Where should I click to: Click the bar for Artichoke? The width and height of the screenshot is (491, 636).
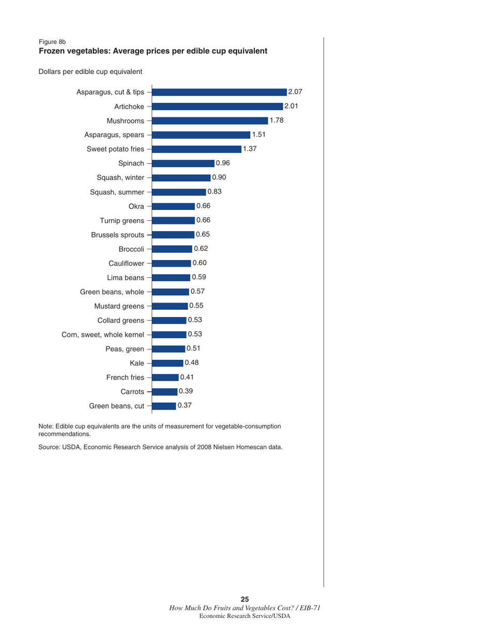tap(217, 107)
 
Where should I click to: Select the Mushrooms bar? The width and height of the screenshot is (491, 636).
tap(210, 121)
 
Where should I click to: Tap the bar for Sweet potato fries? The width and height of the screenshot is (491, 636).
tap(197, 149)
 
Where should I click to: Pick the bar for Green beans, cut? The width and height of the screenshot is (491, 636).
tap(164, 406)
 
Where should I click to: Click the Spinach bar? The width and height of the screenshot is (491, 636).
tap(183, 163)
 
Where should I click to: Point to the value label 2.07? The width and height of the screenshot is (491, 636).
tap(295, 92)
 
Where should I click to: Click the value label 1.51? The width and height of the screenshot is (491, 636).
tap(258, 135)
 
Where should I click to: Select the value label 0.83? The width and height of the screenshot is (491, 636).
tap(214, 192)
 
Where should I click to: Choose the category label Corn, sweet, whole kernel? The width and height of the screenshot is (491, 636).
tap(103, 335)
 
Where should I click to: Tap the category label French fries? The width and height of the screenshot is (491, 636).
tap(125, 377)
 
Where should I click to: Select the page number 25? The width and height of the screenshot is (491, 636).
tap(245, 599)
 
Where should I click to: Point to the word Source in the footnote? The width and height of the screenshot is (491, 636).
tap(50, 447)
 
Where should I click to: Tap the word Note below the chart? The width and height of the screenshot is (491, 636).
tap(46, 426)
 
